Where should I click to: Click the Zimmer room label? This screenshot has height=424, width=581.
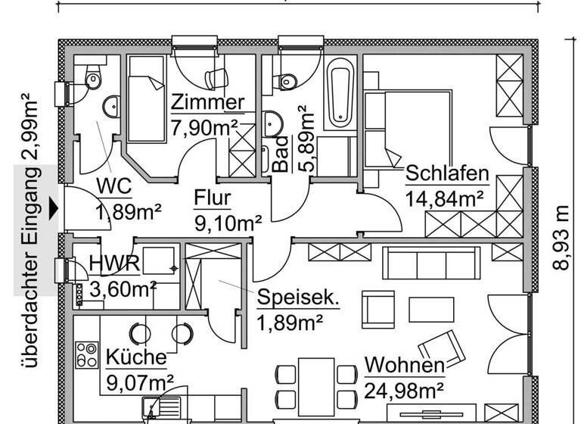(x=207, y=102)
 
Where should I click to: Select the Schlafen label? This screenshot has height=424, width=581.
(x=447, y=174)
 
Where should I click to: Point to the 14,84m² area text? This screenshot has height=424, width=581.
(x=446, y=199)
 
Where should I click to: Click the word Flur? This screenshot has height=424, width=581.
(x=213, y=199)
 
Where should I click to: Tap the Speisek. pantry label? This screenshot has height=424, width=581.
(x=297, y=298)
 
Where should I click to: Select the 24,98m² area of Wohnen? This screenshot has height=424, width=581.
(x=404, y=391)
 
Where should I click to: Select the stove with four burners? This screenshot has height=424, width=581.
(x=87, y=354)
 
